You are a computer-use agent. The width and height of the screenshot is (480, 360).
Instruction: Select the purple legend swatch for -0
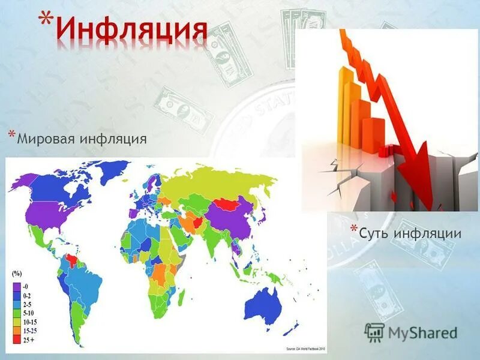[17, 287]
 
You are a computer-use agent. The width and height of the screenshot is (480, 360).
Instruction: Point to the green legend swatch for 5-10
[17, 313]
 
